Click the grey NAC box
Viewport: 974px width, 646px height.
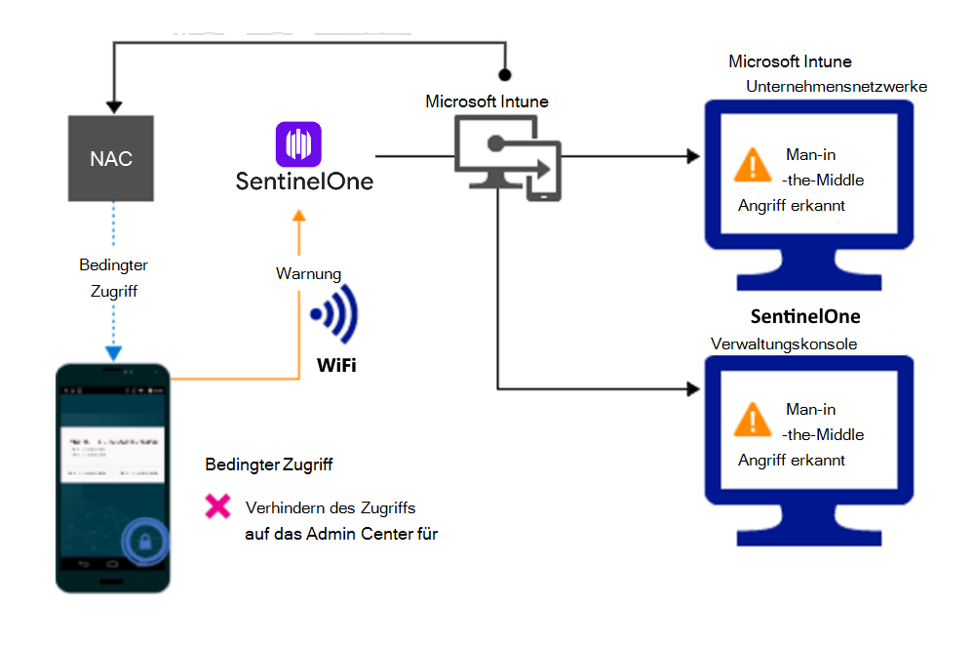pyautogui.click(x=110, y=158)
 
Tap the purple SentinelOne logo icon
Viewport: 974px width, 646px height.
pyautogui.click(x=297, y=143)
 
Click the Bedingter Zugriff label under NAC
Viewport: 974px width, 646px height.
pyautogui.click(x=113, y=275)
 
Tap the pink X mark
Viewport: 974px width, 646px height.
pyautogui.click(x=216, y=506)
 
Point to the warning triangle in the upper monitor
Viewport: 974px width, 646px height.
pyautogui.click(x=752, y=165)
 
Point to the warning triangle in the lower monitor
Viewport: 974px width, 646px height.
pyautogui.click(x=752, y=421)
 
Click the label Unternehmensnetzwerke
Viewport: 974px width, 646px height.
pyautogui.click(x=837, y=87)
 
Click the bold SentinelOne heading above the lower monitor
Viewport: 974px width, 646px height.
pyautogui.click(x=805, y=317)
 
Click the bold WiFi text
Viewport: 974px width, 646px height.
pyautogui.click(x=335, y=367)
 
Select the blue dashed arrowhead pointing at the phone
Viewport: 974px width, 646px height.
pyautogui.click(x=114, y=352)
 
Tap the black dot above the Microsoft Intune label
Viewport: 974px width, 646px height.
pyautogui.click(x=504, y=74)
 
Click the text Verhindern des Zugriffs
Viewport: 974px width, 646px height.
pyautogui.click(x=331, y=507)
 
